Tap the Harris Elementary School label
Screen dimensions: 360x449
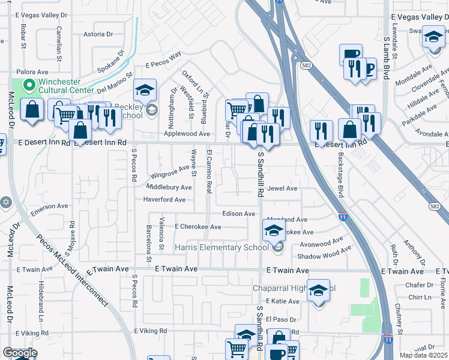pyautogui.click(x=221, y=247)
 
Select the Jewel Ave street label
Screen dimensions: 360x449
pyautogui.click(x=283, y=188)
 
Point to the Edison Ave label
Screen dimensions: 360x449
pyautogui.click(x=239, y=214)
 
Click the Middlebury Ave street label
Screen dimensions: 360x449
pyautogui.click(x=169, y=187)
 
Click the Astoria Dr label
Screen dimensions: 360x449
pyautogui.click(x=98, y=34)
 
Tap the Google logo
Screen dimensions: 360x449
pyautogui.click(x=20, y=352)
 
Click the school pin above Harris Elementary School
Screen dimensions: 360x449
pyautogui.click(x=273, y=230)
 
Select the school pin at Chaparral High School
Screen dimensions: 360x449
pyautogui.click(x=319, y=290)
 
